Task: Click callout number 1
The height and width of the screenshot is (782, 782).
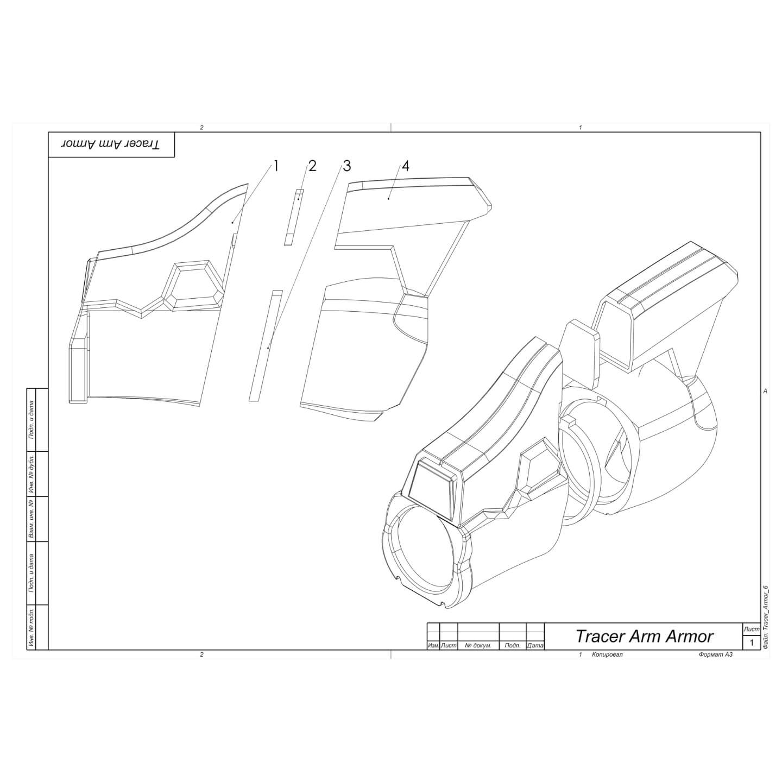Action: [x=276, y=166]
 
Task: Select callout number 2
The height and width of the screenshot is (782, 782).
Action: [x=312, y=166]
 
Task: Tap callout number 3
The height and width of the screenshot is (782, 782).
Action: [x=346, y=166]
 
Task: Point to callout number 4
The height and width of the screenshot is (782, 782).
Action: [x=405, y=166]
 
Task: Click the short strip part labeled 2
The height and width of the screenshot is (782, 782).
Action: [x=294, y=217]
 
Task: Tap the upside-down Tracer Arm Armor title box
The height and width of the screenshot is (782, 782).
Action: [x=111, y=144]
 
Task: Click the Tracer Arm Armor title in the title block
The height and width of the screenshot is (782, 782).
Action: [x=644, y=636]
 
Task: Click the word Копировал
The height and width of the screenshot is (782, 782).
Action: [x=608, y=655]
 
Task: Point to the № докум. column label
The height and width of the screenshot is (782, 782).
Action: [x=478, y=646]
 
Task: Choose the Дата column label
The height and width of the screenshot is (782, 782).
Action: [x=535, y=646]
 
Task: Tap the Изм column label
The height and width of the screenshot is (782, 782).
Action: [x=433, y=646]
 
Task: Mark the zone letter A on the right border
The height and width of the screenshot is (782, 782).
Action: [x=765, y=391]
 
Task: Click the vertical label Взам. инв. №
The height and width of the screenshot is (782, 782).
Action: [x=31, y=519]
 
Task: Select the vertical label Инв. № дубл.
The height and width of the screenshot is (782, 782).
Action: [x=31, y=474]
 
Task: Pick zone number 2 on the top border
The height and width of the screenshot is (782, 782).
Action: [x=201, y=128]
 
